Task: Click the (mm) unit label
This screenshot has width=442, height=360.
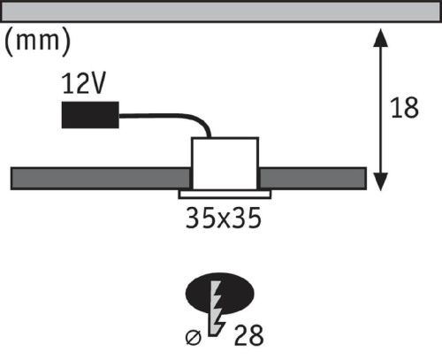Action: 38,42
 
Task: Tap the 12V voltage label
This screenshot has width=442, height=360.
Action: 83,83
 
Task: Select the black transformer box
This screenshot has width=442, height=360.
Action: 90,115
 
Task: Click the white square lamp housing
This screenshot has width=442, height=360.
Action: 225,164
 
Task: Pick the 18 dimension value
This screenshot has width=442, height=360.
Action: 404,108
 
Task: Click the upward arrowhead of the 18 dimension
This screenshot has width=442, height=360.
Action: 380,37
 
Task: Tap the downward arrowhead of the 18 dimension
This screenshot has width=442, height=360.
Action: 380,182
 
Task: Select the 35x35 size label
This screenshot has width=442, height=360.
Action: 224,218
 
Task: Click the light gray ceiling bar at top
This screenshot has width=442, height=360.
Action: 221,12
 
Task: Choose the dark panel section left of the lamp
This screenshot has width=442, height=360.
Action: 101,179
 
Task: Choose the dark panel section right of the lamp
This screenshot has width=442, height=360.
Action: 313,179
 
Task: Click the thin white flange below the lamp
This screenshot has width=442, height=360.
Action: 225,195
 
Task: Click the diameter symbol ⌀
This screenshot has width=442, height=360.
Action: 194,338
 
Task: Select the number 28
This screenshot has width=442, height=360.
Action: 249,335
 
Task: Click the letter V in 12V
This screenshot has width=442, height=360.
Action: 97,83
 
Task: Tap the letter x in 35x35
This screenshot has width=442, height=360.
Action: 224,221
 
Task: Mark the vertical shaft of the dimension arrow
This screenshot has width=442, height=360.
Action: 380,110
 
